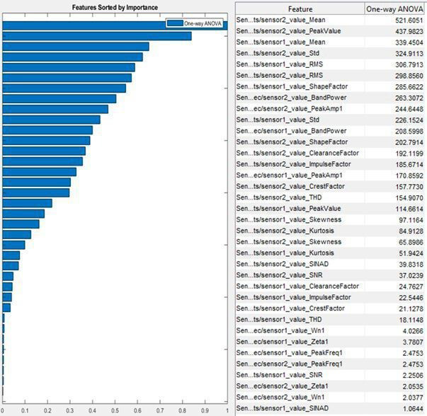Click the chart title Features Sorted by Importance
pos(115,7)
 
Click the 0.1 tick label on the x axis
pos(25,410)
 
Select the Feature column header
pos(300,8)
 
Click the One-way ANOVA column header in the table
pos(394,8)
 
